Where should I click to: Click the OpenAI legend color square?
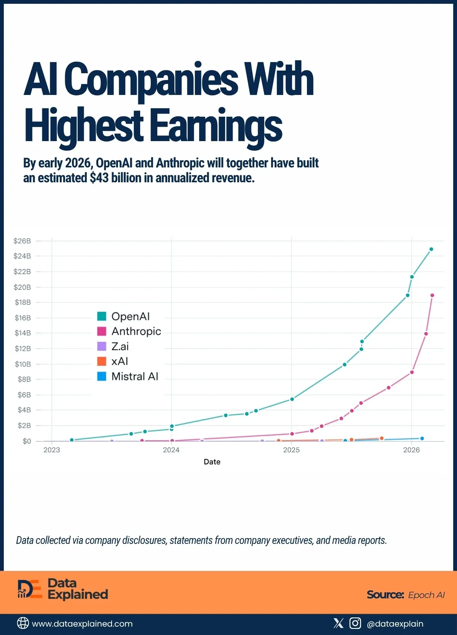click(x=102, y=316)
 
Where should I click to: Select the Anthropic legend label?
click(x=136, y=331)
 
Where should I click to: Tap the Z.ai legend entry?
click(x=120, y=346)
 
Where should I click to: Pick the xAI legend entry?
click(x=119, y=361)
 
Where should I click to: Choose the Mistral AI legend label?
click(x=134, y=376)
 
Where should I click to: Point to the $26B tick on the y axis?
click(x=22, y=241)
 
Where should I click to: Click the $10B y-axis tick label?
click(x=22, y=364)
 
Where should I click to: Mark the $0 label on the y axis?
click(x=27, y=441)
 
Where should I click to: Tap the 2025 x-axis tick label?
click(x=291, y=450)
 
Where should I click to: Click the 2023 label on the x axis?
click(x=52, y=450)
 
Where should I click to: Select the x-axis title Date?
click(x=212, y=462)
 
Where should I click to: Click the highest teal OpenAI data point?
click(x=431, y=249)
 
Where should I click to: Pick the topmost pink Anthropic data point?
click(x=432, y=295)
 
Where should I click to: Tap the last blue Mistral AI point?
click(x=422, y=439)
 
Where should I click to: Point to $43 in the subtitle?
click(x=99, y=178)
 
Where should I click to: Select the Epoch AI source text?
click(x=426, y=595)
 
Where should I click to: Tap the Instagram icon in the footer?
click(x=355, y=623)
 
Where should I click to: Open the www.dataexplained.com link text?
click(x=82, y=624)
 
